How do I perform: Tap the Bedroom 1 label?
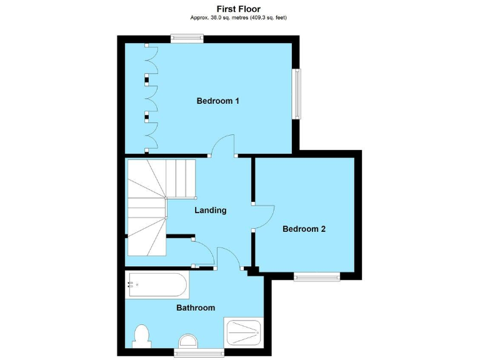[x=218, y=101]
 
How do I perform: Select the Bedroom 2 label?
[x=304, y=229]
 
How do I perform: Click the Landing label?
[x=210, y=210]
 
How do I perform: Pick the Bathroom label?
[x=195, y=307]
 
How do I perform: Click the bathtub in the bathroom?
[x=157, y=286]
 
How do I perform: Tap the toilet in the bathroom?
[x=141, y=336]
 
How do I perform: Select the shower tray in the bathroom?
[x=243, y=333]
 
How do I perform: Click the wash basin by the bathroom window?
[x=187, y=341]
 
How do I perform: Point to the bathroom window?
[x=199, y=352]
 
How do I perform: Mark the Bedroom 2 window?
[x=317, y=276]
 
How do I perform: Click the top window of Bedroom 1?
[x=188, y=38]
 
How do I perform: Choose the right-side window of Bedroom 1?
[x=297, y=93]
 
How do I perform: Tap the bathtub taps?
[x=131, y=285]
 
